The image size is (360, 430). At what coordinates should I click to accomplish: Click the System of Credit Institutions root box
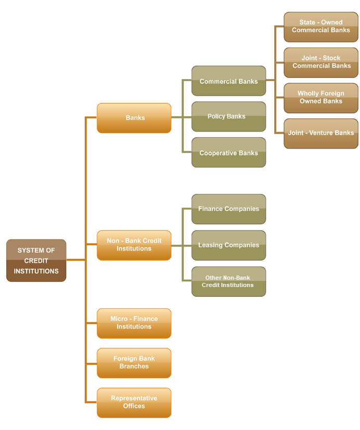(x=36, y=260)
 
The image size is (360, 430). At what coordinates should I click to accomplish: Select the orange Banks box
(x=134, y=118)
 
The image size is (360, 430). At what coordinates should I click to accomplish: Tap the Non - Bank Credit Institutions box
(x=134, y=245)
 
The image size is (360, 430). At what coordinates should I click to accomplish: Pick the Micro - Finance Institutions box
(x=134, y=323)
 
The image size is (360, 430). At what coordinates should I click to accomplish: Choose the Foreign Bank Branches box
(x=134, y=362)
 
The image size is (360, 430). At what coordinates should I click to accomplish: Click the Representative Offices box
(x=134, y=402)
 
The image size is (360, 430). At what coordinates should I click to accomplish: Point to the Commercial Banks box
(x=228, y=81)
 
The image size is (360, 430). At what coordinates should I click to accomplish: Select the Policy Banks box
(x=228, y=116)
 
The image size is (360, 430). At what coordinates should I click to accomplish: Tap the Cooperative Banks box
(x=228, y=153)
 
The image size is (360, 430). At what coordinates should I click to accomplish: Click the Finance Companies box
(x=228, y=209)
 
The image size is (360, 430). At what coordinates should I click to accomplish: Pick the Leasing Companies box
(x=228, y=245)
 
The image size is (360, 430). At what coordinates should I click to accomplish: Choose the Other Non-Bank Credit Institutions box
(x=228, y=281)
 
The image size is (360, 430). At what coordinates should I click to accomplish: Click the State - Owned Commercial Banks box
(x=321, y=27)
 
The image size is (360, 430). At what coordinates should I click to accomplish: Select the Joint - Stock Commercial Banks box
(x=321, y=62)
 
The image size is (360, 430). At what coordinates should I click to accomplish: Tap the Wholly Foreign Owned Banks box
(x=321, y=98)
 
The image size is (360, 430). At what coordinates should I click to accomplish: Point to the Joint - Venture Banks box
(x=321, y=133)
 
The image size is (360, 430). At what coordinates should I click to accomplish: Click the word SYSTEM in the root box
(x=29, y=251)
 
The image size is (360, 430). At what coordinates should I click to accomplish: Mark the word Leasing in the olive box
(x=210, y=245)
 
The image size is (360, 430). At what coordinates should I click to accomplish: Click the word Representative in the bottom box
(x=134, y=398)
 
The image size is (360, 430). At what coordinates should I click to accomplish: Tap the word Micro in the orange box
(x=119, y=319)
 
